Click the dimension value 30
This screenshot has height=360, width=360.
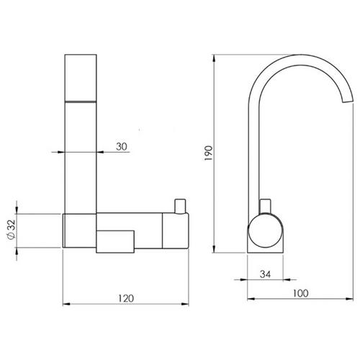click(122, 146)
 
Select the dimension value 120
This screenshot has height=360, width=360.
click(125, 298)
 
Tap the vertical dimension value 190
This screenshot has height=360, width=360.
click(209, 153)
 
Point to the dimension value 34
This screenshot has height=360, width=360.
click(265, 274)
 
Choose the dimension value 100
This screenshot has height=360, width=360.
click(300, 293)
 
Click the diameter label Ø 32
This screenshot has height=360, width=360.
click(12, 230)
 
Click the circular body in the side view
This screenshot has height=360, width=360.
click(265, 230)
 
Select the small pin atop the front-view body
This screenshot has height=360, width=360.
click(180, 206)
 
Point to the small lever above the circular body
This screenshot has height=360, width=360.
click(266, 206)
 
